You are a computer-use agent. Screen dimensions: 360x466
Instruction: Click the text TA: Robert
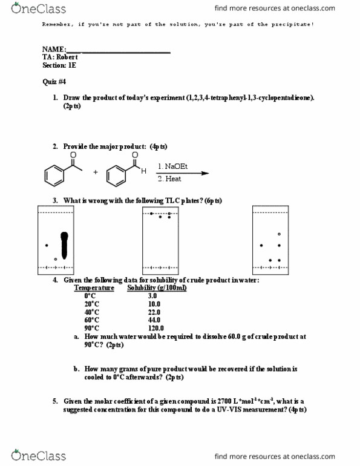coord(60,57)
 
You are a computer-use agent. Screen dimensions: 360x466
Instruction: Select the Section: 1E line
coord(59,65)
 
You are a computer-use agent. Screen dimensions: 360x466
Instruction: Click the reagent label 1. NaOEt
coord(172,166)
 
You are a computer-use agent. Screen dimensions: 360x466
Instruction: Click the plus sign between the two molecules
coord(95,172)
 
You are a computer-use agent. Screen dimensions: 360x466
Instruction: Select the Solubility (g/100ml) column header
coord(157,288)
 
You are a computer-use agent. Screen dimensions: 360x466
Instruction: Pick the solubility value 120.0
coord(155,327)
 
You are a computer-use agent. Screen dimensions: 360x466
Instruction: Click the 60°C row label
coord(93,320)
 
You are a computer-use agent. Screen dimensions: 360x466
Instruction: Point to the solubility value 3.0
coord(152,296)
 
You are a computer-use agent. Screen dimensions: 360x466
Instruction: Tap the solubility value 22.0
coord(154,312)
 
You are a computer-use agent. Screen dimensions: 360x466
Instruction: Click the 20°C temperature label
coord(93,304)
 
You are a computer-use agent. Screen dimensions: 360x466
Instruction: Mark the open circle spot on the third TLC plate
coord(279,234)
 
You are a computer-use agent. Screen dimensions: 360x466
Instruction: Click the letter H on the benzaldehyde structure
coord(143,171)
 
